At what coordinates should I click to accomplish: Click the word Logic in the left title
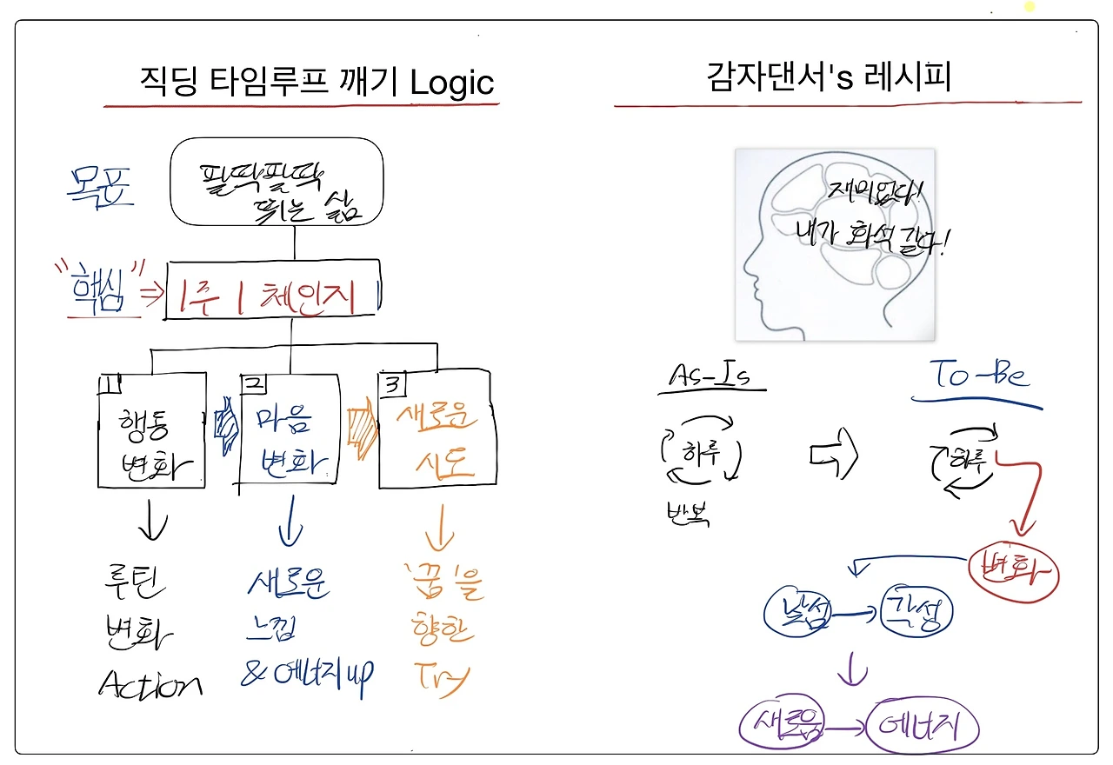coord(451,83)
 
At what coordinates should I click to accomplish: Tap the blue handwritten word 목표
coord(100,185)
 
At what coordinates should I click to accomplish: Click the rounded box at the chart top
coord(277,182)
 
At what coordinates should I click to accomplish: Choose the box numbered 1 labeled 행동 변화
coord(152,430)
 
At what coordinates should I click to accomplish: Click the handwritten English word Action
coord(150,686)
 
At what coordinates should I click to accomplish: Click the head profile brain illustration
coord(835,244)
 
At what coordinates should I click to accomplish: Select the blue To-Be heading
coord(979,376)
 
